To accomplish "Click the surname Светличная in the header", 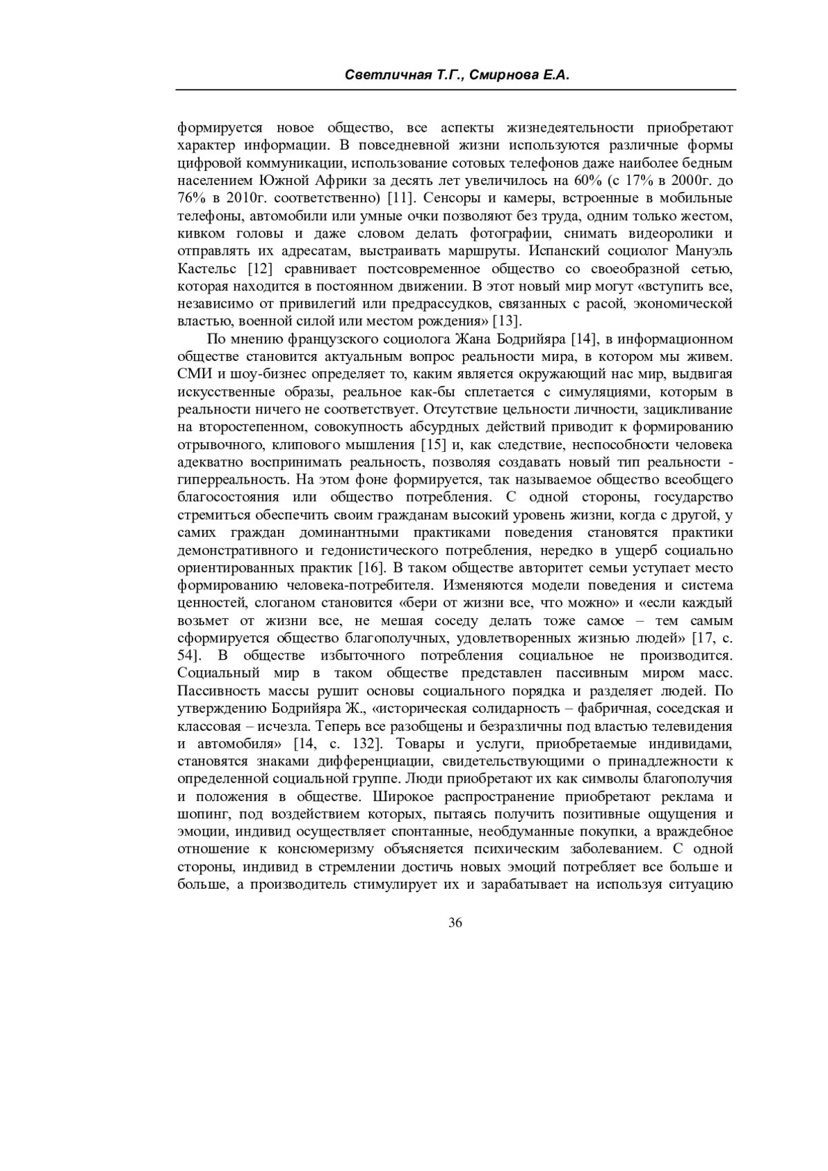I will [377, 75].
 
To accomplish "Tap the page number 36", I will [455, 923].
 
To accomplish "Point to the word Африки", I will [323, 181].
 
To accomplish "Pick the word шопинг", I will [200, 814].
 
